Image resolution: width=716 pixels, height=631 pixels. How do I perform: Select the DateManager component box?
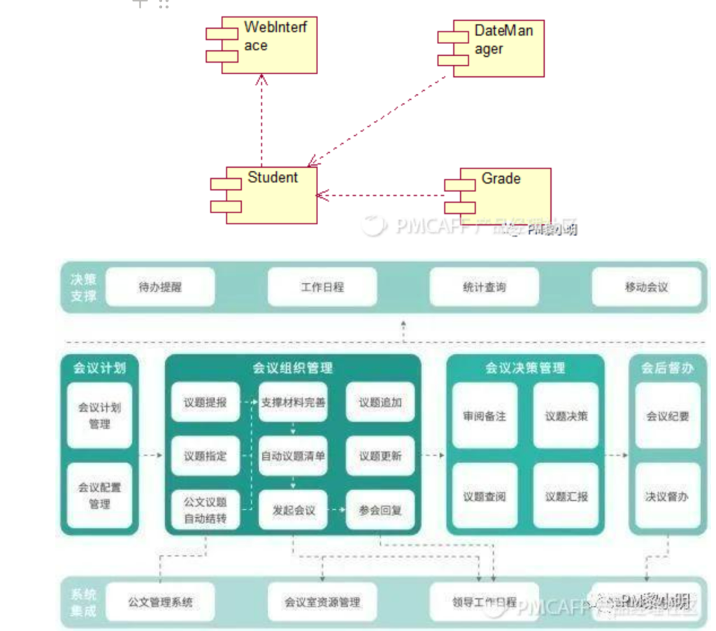[x=495, y=48]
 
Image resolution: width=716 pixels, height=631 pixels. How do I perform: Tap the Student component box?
[x=269, y=194]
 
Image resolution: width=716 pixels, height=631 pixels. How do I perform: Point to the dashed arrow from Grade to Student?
[x=381, y=196]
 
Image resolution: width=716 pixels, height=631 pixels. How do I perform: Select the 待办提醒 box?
[x=159, y=287]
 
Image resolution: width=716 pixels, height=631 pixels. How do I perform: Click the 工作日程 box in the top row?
[x=322, y=287]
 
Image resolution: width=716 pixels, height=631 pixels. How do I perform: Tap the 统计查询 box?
[x=484, y=287]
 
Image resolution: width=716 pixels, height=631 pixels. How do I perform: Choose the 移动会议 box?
[x=646, y=287]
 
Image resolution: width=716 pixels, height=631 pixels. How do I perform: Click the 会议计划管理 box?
[x=99, y=415]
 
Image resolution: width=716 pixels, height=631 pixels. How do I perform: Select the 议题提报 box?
[x=205, y=402]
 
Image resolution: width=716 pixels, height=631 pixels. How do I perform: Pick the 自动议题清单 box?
[x=293, y=456]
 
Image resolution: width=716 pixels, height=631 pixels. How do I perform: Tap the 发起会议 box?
[x=293, y=510]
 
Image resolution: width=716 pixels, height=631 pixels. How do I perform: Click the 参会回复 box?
[x=380, y=510]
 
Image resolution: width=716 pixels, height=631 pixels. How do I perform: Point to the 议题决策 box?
[x=566, y=416]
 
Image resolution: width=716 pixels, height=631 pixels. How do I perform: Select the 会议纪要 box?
[x=667, y=416]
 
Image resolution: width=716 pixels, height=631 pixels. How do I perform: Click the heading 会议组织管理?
[x=292, y=368]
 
